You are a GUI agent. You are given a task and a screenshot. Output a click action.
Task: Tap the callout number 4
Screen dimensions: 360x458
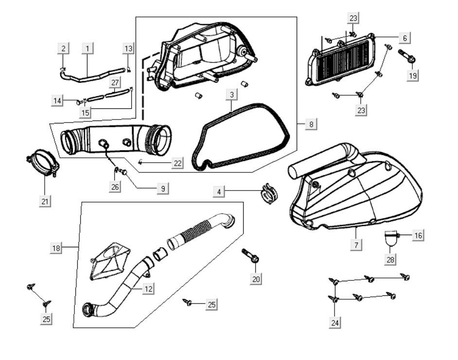[219, 192]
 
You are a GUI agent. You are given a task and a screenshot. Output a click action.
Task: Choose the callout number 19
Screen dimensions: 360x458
[413, 76]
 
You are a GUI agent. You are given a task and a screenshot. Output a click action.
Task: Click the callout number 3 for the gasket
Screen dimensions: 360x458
[231, 94]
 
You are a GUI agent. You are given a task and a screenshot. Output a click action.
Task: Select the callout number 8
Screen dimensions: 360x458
[311, 124]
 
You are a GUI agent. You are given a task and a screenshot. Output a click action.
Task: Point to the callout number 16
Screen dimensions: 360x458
[418, 236]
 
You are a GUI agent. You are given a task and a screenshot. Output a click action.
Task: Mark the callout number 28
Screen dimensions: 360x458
[390, 259]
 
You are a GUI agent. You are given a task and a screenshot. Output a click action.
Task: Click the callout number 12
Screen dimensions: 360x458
[149, 289]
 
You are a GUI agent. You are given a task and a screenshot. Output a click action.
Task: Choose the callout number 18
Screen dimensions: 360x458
[57, 248]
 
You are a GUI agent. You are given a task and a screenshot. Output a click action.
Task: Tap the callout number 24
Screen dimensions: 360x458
[334, 322]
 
